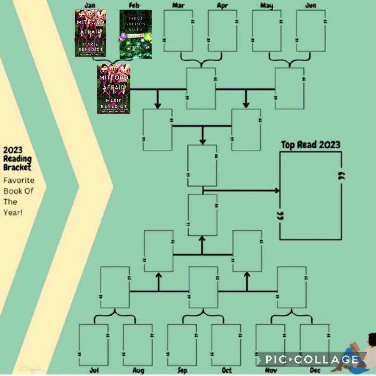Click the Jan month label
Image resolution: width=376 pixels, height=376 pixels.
(90, 6)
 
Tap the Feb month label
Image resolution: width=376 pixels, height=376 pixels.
(134, 6)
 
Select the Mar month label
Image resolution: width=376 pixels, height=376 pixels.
(178, 6)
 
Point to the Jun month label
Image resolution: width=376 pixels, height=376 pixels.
(311, 6)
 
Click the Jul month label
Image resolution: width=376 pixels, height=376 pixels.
(94, 370)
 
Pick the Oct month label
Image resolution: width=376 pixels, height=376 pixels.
(226, 370)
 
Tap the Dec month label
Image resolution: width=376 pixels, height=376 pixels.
(315, 370)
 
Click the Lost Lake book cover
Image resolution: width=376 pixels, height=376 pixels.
(136, 34)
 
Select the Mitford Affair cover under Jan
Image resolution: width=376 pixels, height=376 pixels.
(91, 33)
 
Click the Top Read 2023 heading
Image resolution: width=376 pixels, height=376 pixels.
(311, 145)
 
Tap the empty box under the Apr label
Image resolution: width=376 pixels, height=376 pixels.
(222, 31)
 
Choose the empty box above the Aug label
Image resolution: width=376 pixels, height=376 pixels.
(138, 345)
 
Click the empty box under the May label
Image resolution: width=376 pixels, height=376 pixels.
(267, 31)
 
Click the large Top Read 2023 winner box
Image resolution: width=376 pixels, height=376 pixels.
(311, 196)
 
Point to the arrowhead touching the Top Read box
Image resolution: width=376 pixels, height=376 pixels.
(277, 190)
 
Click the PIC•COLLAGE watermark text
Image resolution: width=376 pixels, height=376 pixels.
(312, 359)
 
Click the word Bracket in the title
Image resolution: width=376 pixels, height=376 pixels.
(17, 167)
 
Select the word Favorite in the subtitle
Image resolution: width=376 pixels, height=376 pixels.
(19, 180)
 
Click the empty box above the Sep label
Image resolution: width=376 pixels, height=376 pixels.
(182, 345)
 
